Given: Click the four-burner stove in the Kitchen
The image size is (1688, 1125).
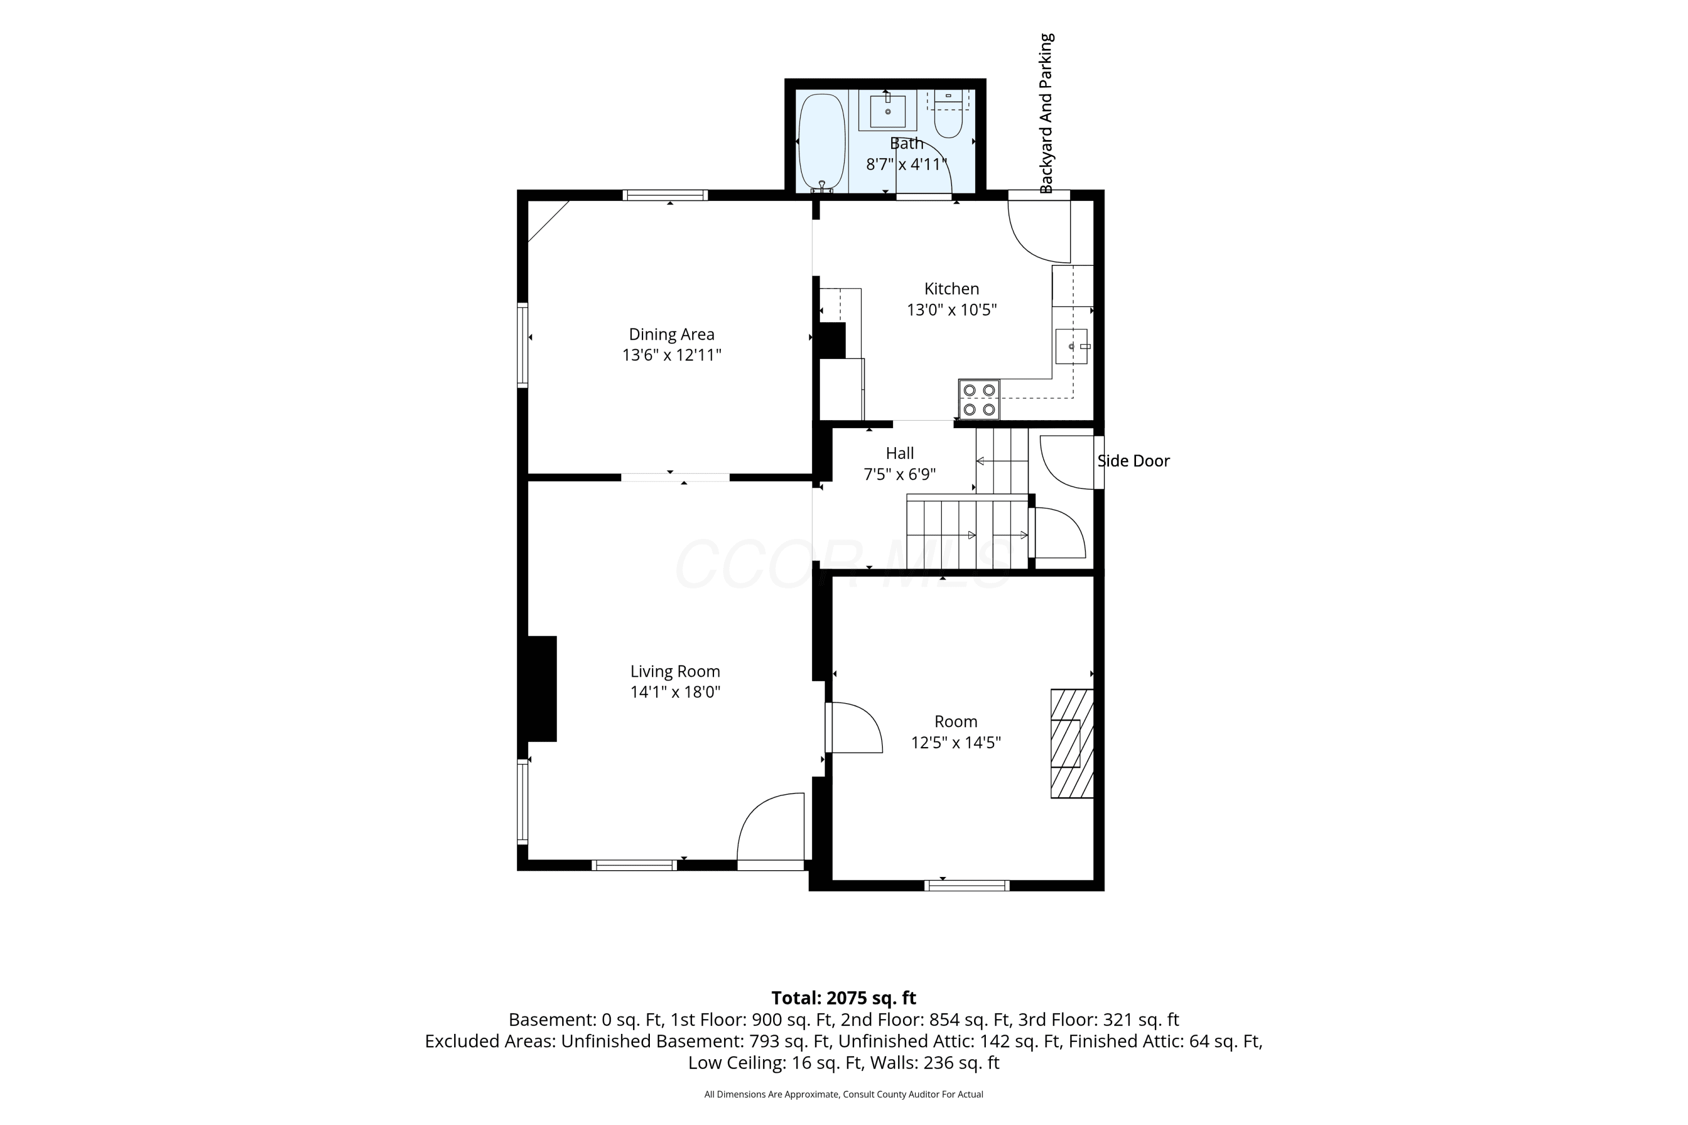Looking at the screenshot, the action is coord(979,399).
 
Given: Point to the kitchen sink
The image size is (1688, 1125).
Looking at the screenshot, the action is coord(1071,346).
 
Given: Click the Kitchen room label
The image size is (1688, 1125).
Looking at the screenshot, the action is coord(951,289).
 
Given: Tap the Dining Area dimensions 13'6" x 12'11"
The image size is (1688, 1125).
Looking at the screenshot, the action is coord(672,355).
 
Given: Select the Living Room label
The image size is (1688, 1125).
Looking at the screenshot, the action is coord(675,671).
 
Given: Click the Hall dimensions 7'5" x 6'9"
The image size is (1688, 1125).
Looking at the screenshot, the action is coord(900,474).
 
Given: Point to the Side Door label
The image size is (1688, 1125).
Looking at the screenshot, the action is coord(1134,461).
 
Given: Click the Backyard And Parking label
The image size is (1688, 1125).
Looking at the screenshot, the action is coord(1047,114).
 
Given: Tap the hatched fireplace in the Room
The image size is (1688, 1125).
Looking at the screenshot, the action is coord(1072,743).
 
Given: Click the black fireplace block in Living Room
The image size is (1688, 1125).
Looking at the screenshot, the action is coord(542,688).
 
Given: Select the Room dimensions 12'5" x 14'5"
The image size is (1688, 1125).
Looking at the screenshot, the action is coord(956,742).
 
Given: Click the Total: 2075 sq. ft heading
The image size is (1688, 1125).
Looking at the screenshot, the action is coord(844,998).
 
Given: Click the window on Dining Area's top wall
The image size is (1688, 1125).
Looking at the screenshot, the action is coord(665,195).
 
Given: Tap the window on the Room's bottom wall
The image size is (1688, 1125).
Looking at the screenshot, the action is coord(967,885).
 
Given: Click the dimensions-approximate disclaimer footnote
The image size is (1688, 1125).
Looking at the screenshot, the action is coord(844,1094).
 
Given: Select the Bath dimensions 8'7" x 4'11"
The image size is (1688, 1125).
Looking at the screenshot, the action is coord(906,164).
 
